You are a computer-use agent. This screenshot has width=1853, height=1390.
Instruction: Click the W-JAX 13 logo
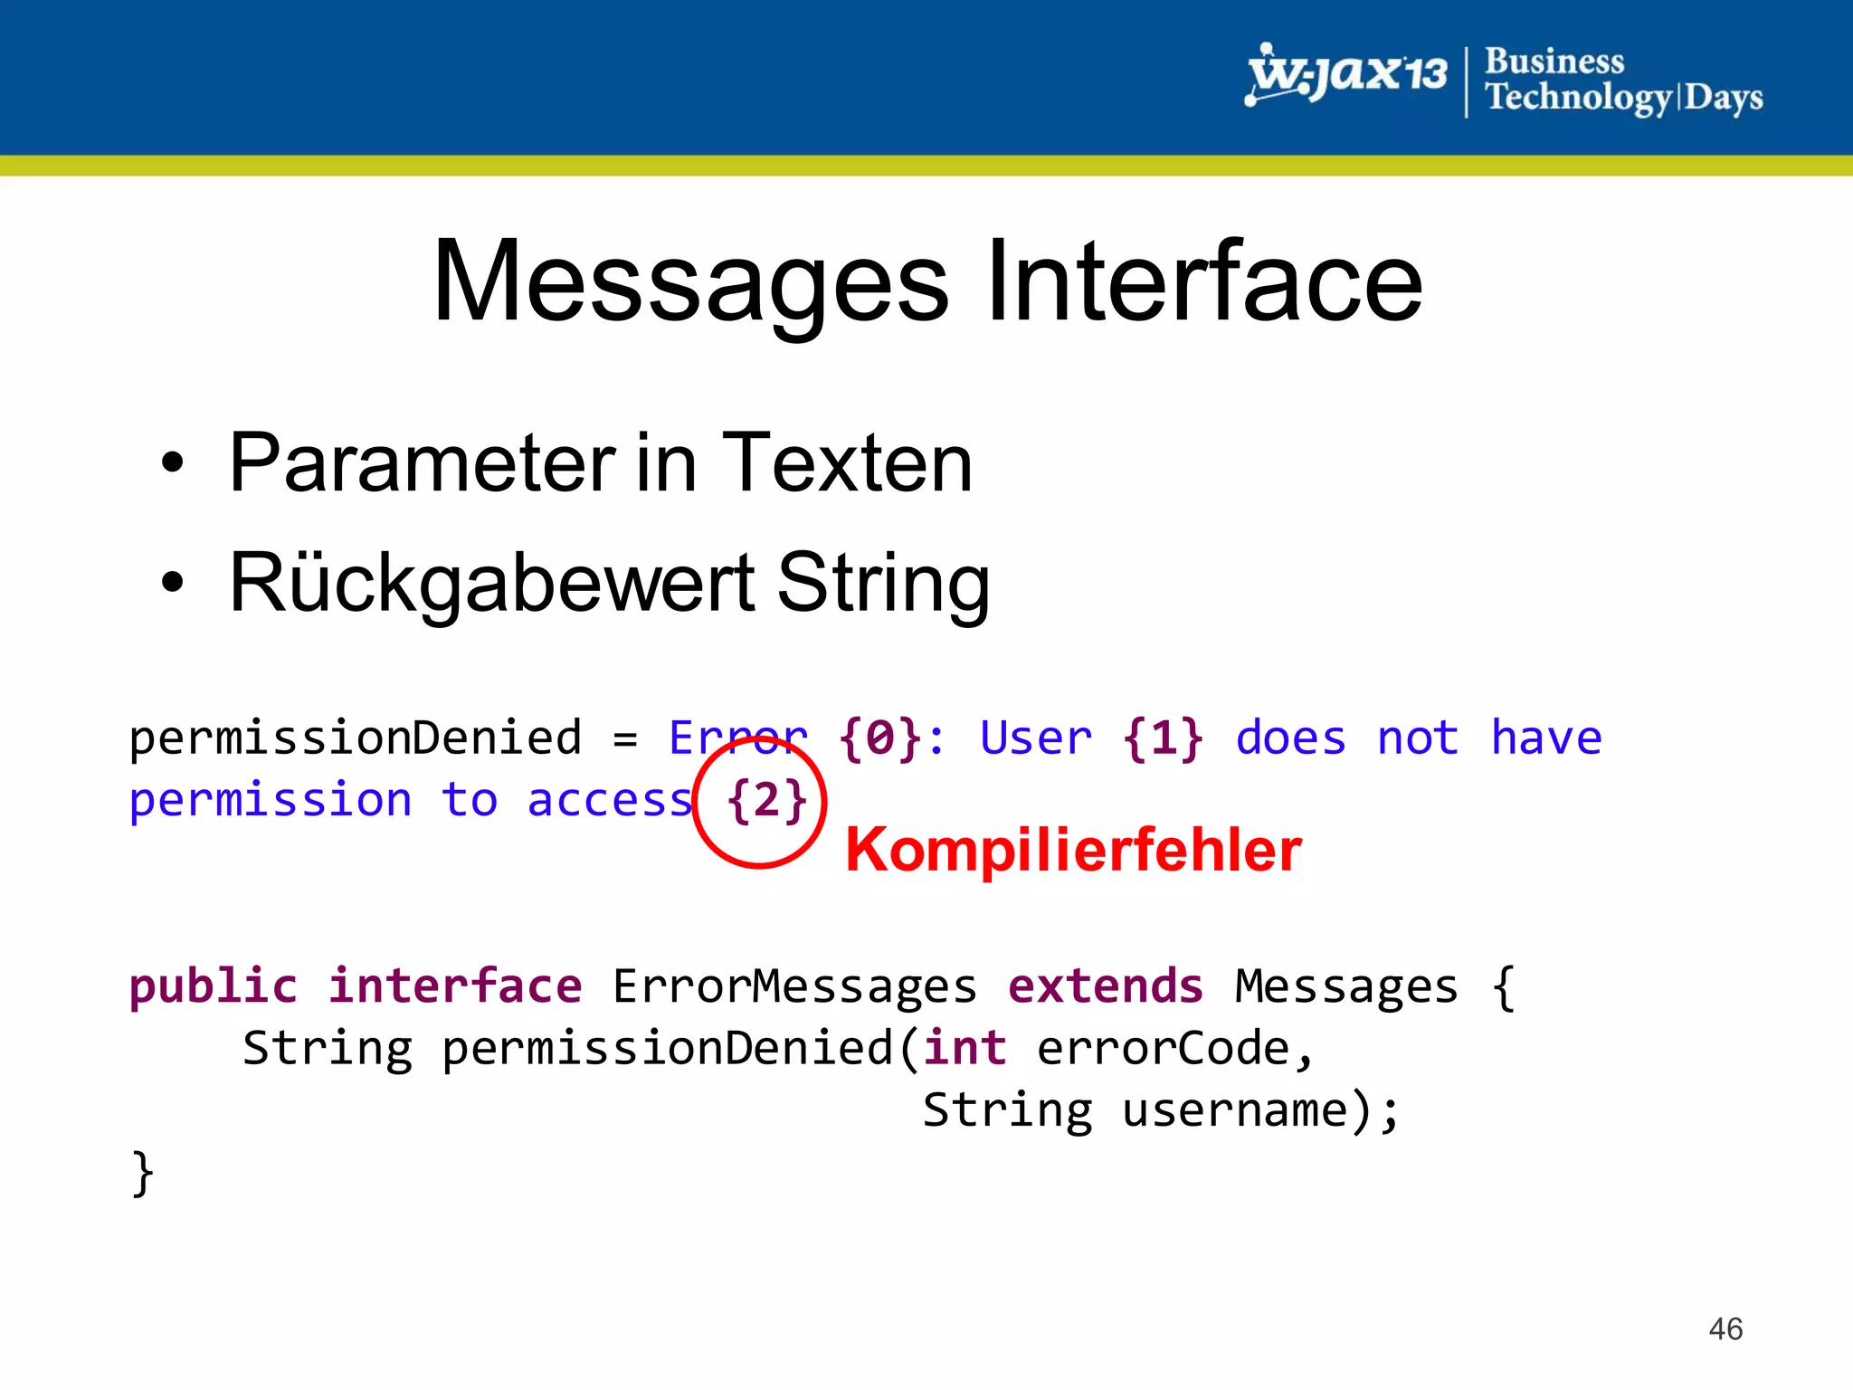coord(1346,74)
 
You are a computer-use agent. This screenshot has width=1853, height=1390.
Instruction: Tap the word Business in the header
coord(1554,62)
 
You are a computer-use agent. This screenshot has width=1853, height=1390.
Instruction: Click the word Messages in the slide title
coord(690,282)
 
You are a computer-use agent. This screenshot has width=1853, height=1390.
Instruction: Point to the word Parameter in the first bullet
coord(422,463)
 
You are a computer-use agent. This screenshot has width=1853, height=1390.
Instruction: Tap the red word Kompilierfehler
coord(1073,850)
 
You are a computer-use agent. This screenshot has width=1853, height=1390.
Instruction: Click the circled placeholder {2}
coord(766,801)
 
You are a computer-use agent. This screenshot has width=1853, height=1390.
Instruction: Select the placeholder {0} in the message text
coord(879,738)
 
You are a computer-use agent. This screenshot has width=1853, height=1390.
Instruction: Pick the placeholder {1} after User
coord(1163,738)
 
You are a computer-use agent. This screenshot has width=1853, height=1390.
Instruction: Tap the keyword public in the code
coord(213,986)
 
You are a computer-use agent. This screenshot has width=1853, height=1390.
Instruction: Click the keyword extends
coord(1106,986)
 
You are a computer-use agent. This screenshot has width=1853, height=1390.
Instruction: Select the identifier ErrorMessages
coord(794,986)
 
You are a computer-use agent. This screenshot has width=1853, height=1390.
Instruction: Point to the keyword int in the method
coord(965,1049)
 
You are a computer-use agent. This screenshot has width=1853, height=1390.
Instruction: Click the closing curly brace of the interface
coord(143,1174)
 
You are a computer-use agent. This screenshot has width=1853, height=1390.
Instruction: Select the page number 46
coord(1725,1329)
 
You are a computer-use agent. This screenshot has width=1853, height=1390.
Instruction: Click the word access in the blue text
coord(610,801)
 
